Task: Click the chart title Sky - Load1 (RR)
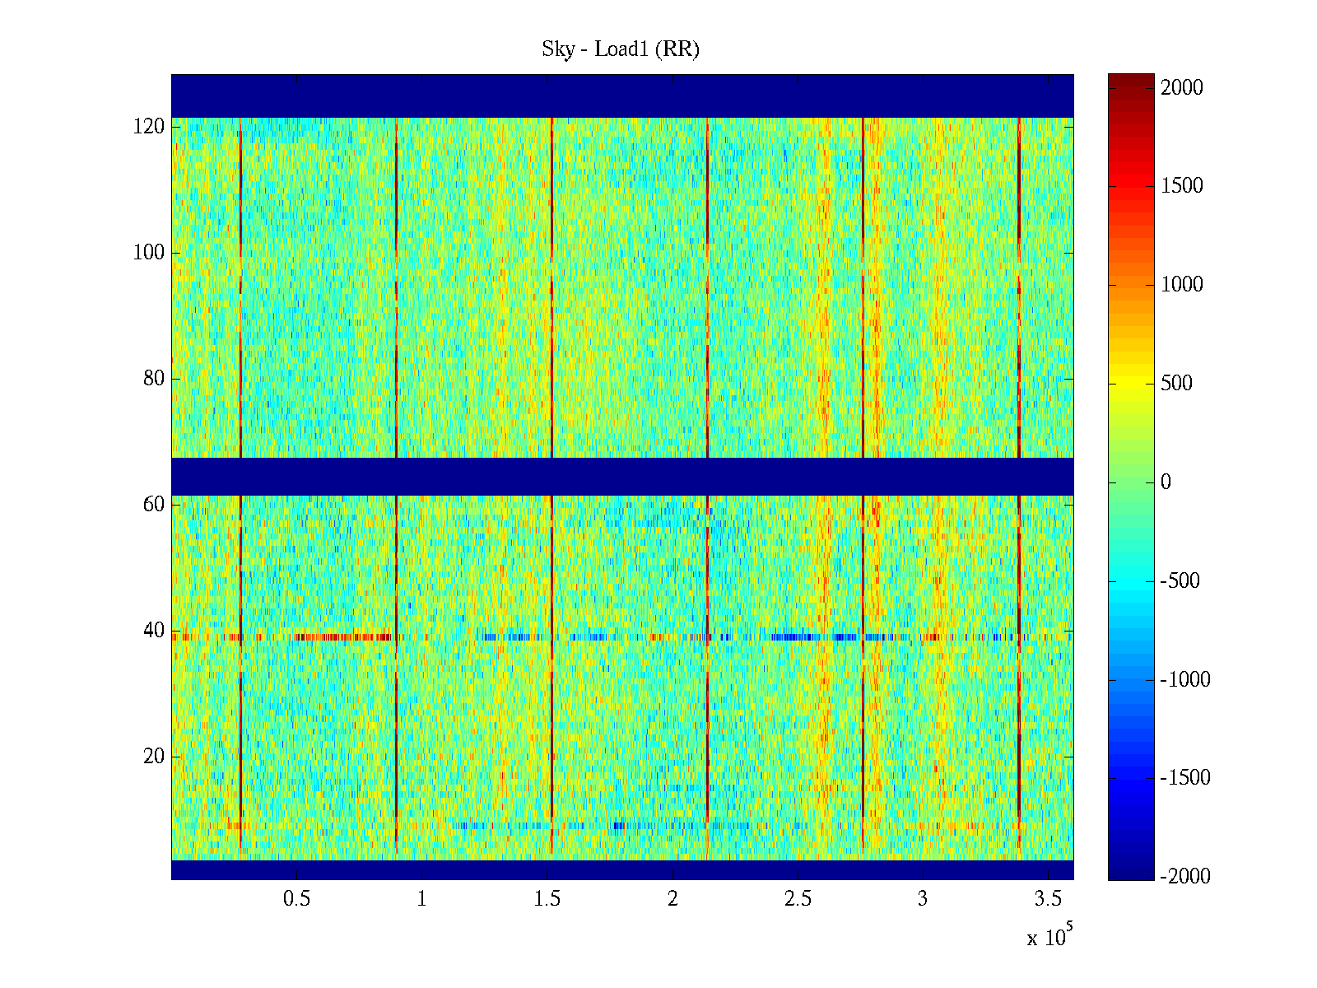[x=621, y=49]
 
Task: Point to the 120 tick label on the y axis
[x=149, y=127]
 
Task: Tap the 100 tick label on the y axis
[x=149, y=253]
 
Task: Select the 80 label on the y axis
[x=154, y=379]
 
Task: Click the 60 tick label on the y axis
[x=154, y=505]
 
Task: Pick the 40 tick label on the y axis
[x=154, y=631]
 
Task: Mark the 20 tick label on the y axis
[x=154, y=757]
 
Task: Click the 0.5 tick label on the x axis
[x=296, y=899]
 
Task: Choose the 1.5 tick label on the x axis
[x=547, y=899]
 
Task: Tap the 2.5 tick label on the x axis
[x=798, y=899]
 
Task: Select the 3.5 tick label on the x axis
[x=1048, y=899]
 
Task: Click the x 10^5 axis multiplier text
[x=1049, y=937]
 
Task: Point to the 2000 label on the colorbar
[x=1182, y=88]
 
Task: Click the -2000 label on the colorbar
[x=1185, y=877]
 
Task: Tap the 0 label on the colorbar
[x=1166, y=482]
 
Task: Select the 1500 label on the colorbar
[x=1182, y=186]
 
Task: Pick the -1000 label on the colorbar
[x=1185, y=680]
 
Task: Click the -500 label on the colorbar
[x=1180, y=581]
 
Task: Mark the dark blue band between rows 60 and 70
[x=622, y=476]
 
